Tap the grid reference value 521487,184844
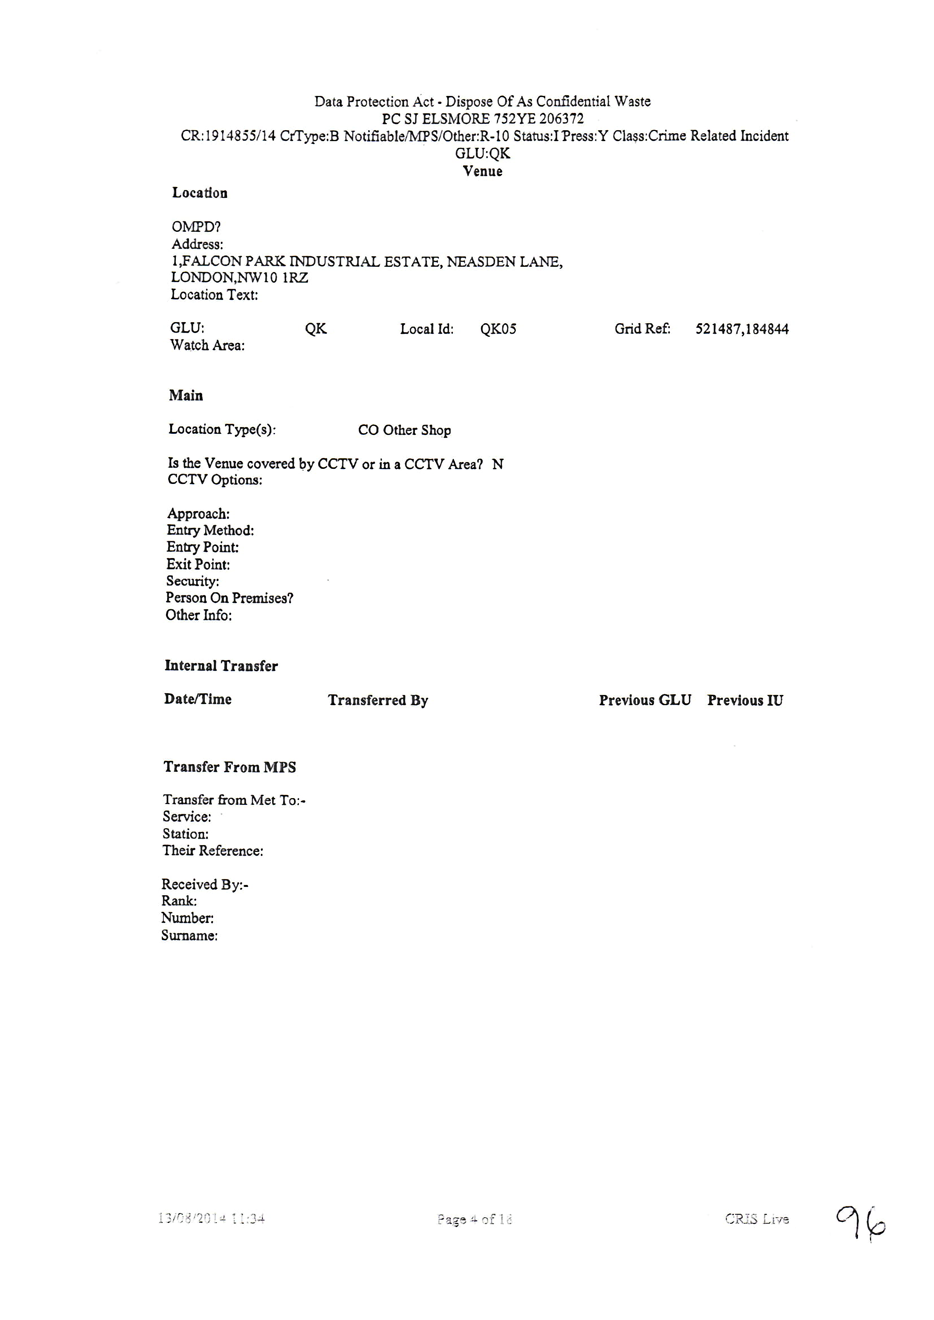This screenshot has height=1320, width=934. tap(742, 329)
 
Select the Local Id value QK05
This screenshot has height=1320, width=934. tap(498, 329)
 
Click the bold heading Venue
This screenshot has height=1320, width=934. tap(483, 171)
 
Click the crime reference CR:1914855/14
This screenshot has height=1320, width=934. tap(229, 136)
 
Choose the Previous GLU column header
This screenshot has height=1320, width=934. tap(645, 700)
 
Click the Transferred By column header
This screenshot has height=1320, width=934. tap(378, 700)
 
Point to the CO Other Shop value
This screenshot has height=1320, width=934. tap(404, 430)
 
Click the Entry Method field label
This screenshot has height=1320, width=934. tap(210, 531)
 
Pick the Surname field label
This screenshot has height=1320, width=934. tap(189, 935)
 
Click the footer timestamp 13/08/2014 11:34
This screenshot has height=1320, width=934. tap(211, 1218)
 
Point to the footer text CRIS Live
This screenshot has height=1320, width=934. tap(756, 1218)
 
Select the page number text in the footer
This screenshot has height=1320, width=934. tap(474, 1219)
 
